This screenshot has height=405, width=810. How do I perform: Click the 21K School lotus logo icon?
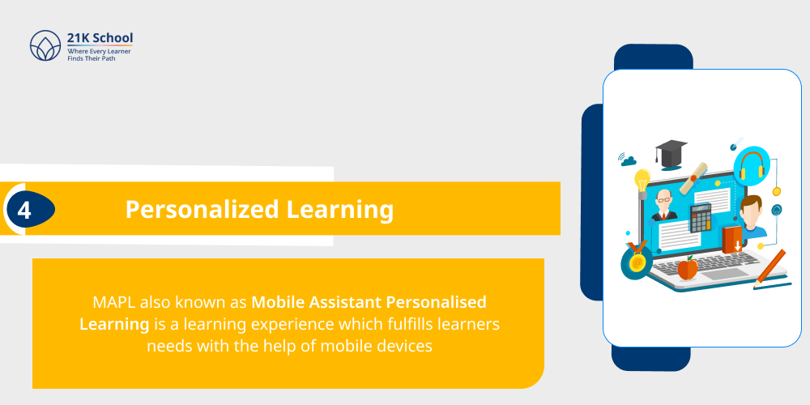point(45,45)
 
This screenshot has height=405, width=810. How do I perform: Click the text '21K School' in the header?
point(100,37)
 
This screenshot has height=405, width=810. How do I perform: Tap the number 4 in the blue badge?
point(24,210)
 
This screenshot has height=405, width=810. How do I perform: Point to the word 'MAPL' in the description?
point(114,303)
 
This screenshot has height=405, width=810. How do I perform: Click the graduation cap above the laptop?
point(671,151)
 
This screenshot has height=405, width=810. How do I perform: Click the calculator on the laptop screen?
point(700,216)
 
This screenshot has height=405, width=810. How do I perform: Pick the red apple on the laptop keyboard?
point(687,266)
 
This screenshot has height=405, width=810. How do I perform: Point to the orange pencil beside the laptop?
point(770,267)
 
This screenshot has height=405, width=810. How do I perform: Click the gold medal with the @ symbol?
point(637,261)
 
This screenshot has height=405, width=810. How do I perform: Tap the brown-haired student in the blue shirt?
point(752,216)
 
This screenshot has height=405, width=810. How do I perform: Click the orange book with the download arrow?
point(732,239)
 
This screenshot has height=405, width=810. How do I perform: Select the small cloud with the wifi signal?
point(629,159)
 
